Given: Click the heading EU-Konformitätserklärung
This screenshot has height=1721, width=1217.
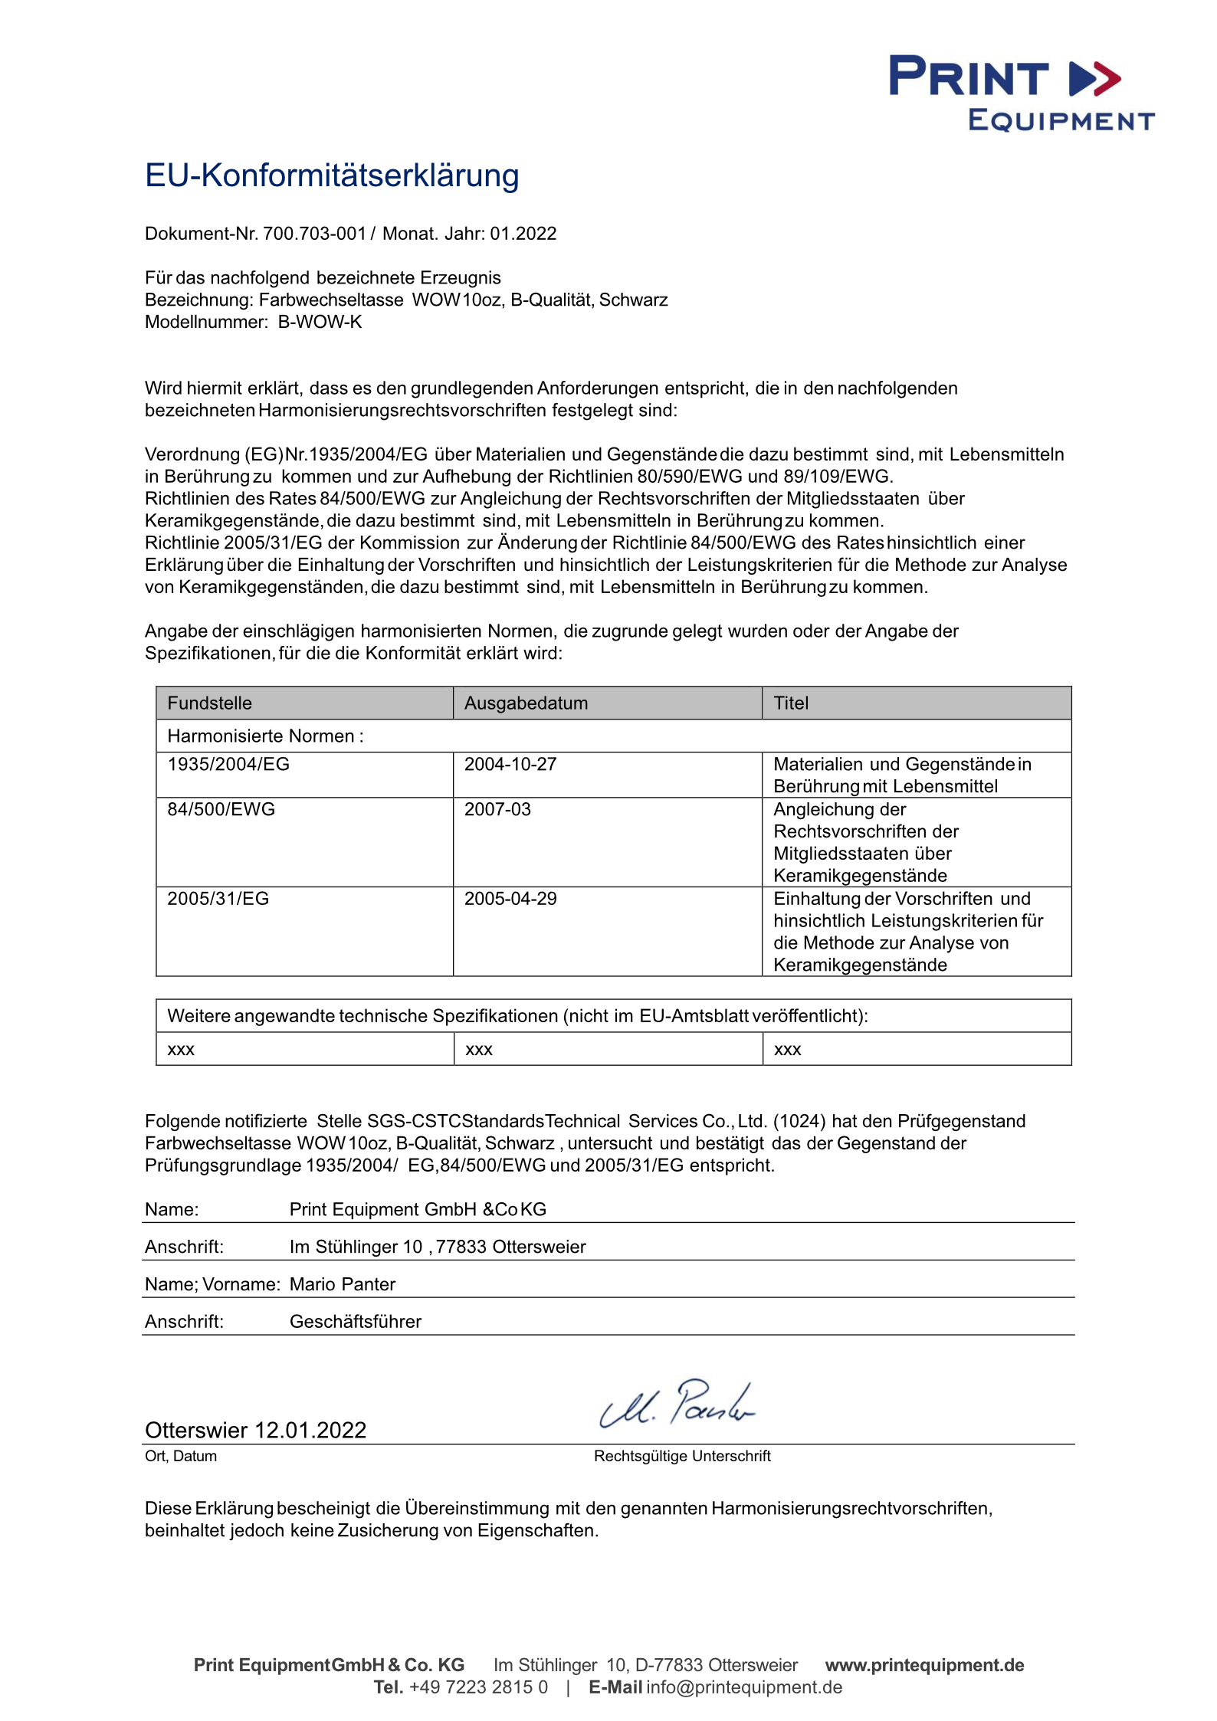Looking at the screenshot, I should pyautogui.click(x=332, y=175).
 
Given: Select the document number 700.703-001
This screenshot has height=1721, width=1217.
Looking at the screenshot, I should pyautogui.click(x=314, y=234).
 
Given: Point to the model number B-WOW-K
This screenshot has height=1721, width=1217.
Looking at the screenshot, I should pyautogui.click(x=320, y=322).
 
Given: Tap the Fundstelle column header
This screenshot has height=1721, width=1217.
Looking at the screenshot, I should pyautogui.click(x=209, y=703).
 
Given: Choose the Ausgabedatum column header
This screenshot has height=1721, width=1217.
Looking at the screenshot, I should pyautogui.click(x=526, y=703).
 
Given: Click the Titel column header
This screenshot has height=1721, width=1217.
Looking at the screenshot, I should pyautogui.click(x=791, y=703).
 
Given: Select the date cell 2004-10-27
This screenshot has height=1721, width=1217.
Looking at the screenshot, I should pyautogui.click(x=510, y=764).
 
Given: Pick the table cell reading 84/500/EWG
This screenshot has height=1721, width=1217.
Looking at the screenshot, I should pyautogui.click(x=221, y=809).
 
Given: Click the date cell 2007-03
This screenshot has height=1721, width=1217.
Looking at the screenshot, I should pyautogui.click(x=497, y=809).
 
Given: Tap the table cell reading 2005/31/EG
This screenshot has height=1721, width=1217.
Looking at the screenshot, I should pyautogui.click(x=218, y=898).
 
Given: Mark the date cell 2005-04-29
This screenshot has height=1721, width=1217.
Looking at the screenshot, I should pyautogui.click(x=510, y=898).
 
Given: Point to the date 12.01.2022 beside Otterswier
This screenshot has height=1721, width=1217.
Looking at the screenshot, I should pyautogui.click(x=310, y=1430).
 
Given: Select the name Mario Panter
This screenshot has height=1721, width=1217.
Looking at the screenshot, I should pyautogui.click(x=343, y=1284).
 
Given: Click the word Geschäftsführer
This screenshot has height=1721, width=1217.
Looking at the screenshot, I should pyautogui.click(x=356, y=1322).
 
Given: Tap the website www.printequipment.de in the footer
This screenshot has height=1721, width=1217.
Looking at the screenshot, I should pyautogui.click(x=924, y=1665).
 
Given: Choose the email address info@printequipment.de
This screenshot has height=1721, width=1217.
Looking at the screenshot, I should pyautogui.click(x=743, y=1687).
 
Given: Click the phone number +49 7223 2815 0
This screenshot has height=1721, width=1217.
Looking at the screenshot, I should pyautogui.click(x=478, y=1687).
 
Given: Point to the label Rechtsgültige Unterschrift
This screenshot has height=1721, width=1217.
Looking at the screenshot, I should pyautogui.click(x=682, y=1456).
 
